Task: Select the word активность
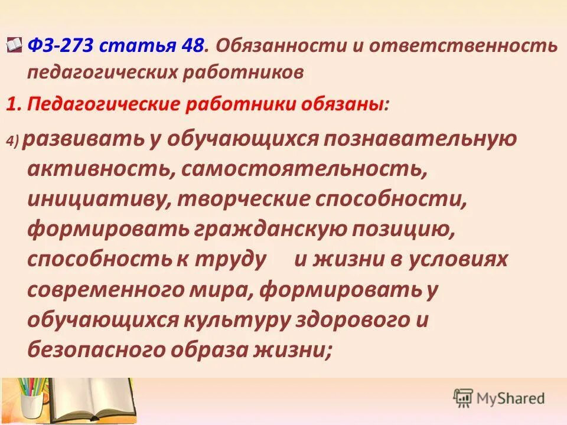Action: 100,169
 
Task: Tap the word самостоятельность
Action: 304,169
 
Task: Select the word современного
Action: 111,290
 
